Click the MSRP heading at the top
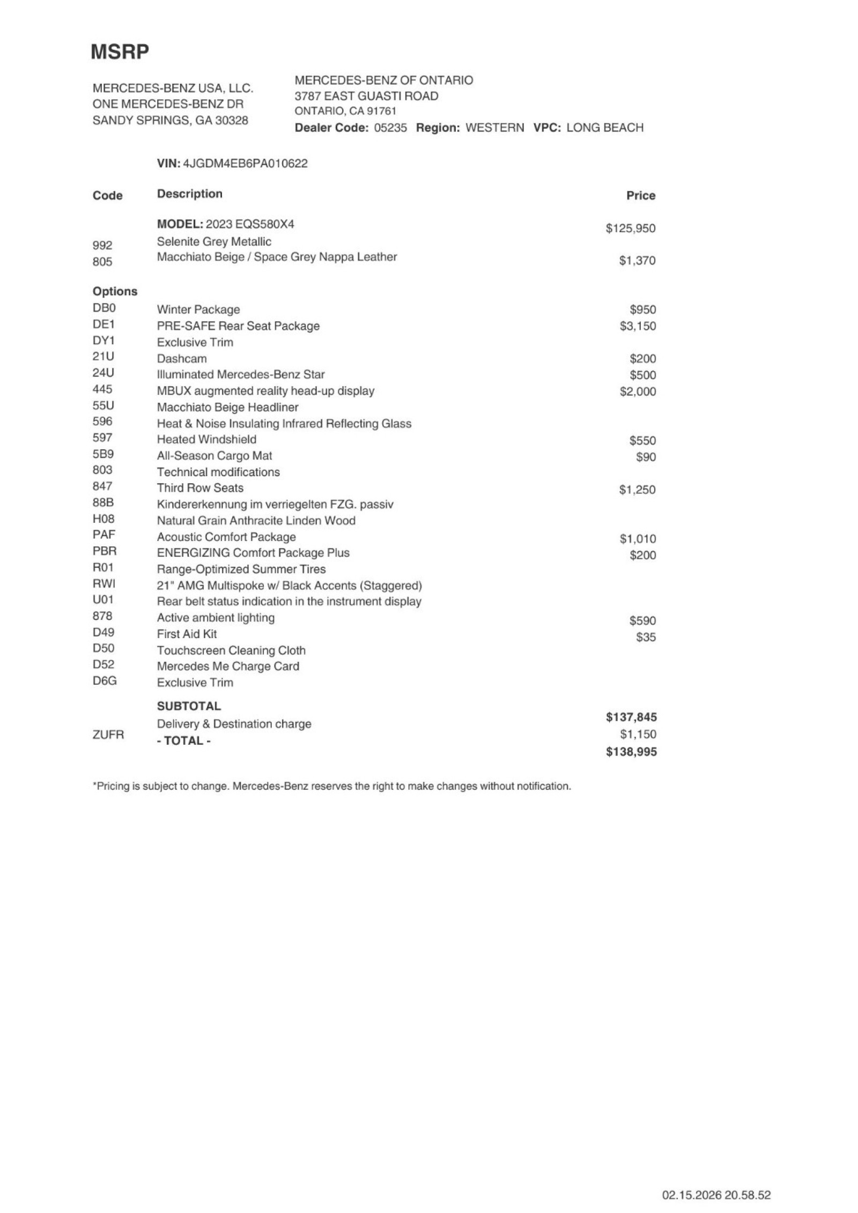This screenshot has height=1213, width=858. tap(120, 52)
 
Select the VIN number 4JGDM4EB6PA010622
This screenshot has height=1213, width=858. tap(245, 164)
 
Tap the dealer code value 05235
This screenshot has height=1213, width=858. tap(390, 128)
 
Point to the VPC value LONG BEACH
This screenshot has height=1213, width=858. tap(604, 128)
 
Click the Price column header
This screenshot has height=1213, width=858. tap(640, 196)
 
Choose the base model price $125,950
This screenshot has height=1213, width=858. tap(630, 228)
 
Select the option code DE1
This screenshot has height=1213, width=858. tap(103, 324)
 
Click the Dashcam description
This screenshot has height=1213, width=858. tap(181, 359)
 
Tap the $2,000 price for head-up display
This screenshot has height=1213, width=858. tap(638, 391)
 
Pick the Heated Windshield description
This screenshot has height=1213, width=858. tap(206, 440)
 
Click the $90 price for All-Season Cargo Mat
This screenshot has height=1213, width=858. tap(646, 457)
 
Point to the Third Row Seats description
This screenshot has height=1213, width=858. tap(200, 488)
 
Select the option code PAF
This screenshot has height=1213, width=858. tap(103, 535)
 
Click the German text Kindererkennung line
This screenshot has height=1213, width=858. tap(275, 505)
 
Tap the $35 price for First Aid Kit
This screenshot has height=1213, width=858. tap(646, 637)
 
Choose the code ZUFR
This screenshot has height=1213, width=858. tap(108, 735)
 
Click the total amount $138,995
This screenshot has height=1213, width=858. tap(631, 752)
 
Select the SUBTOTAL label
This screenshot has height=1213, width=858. tap(189, 706)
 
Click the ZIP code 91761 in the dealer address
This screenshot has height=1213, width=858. tap(381, 112)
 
